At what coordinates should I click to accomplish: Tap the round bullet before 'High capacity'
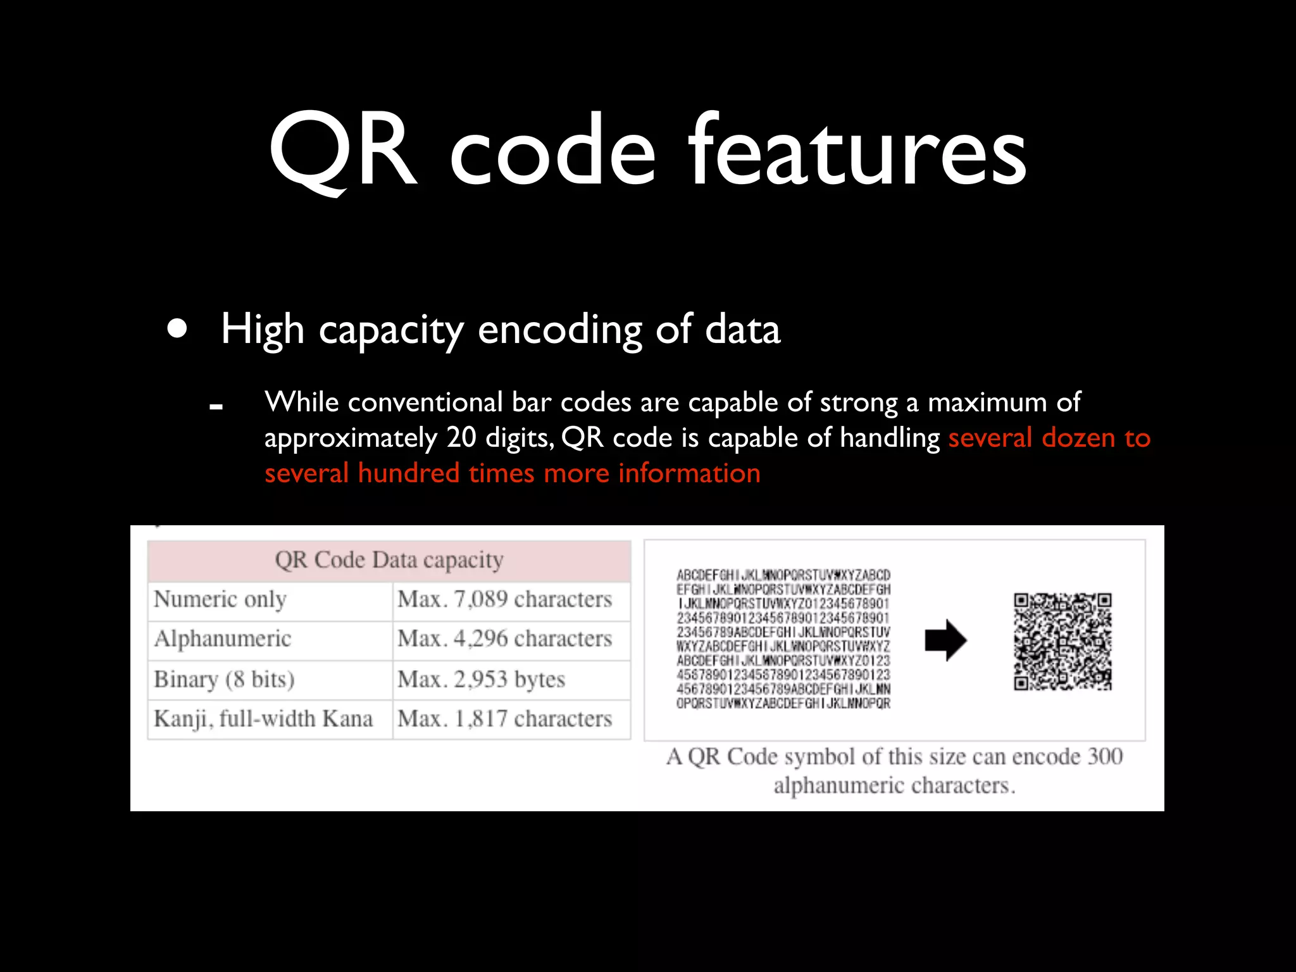pos(178,329)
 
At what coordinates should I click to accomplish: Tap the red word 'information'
pos(689,473)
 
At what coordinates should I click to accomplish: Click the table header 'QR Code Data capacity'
pos(389,560)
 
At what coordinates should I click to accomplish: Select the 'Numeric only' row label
pos(220,599)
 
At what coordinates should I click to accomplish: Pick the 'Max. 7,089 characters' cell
pos(504,599)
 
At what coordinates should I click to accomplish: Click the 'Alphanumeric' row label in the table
pos(223,639)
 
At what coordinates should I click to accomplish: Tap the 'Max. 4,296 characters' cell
pos(504,639)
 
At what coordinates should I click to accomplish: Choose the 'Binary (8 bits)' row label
pos(224,680)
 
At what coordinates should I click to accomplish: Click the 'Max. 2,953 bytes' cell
pos(481,680)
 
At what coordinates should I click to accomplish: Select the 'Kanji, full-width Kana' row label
pos(263,720)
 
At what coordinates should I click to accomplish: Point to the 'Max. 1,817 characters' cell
pos(504,720)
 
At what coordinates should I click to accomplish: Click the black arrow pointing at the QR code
pos(945,640)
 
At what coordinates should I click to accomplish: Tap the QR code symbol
pos(1062,641)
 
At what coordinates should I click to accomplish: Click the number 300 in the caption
pos(1105,757)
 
